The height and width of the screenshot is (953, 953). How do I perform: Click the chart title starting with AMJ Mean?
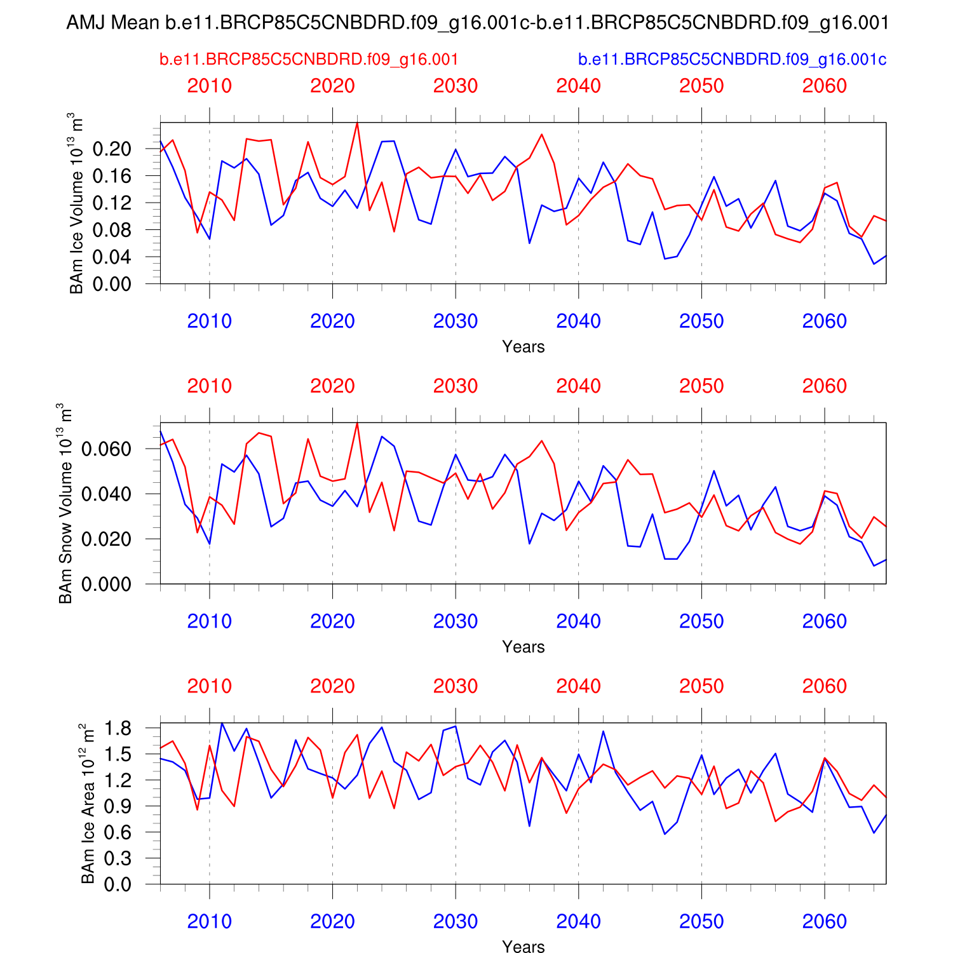point(477,23)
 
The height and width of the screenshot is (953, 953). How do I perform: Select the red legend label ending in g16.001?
point(309,60)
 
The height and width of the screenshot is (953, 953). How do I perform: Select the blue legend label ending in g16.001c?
point(732,60)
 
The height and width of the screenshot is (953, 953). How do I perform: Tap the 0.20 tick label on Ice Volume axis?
point(112,149)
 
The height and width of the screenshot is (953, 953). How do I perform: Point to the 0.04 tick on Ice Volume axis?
point(112,257)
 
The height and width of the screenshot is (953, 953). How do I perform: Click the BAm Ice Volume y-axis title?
point(76,203)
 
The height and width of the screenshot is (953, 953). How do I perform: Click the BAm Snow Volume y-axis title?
point(65,503)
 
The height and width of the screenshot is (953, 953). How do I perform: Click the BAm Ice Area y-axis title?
point(88,803)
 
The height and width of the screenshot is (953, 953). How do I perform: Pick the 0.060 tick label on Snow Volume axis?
point(106,449)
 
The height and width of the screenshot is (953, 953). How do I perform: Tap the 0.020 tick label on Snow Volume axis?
point(106,539)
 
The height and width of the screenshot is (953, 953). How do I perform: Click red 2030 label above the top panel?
point(455,86)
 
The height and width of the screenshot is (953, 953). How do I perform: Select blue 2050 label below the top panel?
point(701,321)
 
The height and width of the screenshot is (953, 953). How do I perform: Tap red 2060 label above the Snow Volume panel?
point(824,386)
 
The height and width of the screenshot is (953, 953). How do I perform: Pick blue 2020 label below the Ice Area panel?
point(332,921)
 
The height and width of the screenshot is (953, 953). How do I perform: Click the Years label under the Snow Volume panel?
point(523,647)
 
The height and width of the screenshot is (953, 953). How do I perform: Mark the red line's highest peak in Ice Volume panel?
point(357,123)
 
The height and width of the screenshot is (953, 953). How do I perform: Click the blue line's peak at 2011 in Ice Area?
point(222,723)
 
